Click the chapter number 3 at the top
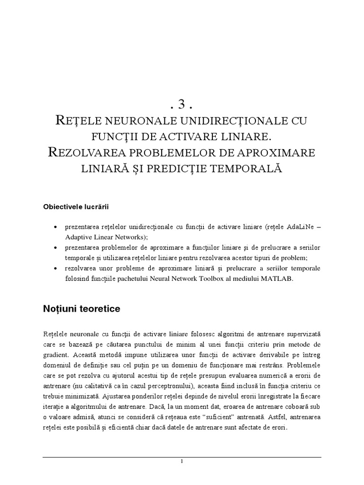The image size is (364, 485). click(182, 104)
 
